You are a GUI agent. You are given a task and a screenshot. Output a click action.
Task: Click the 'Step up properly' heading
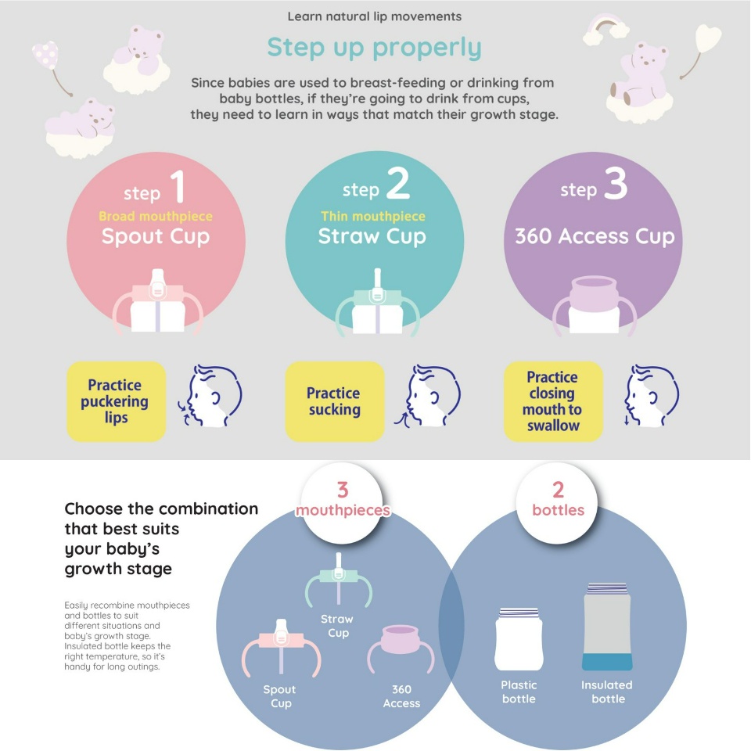coord(374,49)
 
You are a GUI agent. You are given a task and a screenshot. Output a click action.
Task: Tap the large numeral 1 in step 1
coord(178,186)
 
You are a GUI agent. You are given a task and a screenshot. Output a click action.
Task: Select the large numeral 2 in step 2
coord(398,183)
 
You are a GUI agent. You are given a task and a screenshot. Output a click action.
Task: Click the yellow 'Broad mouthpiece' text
coord(156,216)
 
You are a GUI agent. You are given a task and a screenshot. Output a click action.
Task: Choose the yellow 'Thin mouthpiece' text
coord(373,216)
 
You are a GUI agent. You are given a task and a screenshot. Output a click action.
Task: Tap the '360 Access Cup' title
coord(595,236)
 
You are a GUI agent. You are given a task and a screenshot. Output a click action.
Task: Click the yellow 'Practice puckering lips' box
coord(116,401)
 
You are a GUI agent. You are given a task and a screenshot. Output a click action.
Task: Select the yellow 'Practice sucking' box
coord(335,401)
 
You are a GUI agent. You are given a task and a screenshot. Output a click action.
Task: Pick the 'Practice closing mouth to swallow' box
coord(553,401)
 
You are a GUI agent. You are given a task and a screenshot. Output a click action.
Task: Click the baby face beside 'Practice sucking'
coord(427,396)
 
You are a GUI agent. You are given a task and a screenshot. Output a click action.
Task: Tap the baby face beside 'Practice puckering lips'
coord(210,396)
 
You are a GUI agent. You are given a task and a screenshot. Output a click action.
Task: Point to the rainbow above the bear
coord(605,28)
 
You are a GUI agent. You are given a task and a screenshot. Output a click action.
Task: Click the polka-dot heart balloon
coord(46,55)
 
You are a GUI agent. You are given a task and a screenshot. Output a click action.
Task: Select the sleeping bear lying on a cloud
coord(81,128)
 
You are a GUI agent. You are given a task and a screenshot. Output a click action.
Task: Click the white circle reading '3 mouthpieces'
coord(342,503)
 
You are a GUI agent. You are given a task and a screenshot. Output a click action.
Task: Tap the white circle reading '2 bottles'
coord(558,503)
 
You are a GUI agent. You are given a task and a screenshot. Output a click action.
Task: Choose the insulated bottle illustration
coord(607,626)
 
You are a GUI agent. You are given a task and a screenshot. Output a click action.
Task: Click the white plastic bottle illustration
coord(519,639)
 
